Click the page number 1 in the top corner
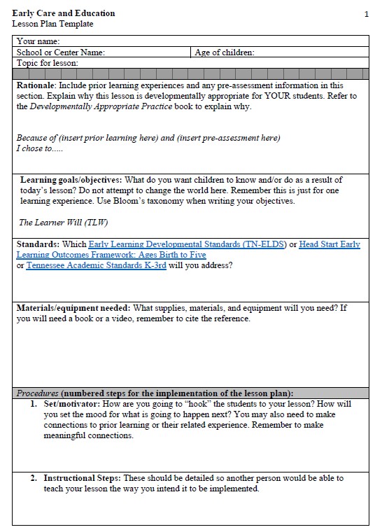pyautogui.click(x=366, y=14)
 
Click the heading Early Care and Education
pyautogui.click(x=64, y=13)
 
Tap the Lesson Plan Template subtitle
pyautogui.click(x=52, y=24)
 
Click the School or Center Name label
pyautogui.click(x=61, y=52)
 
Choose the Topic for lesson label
pyautogui.click(x=47, y=63)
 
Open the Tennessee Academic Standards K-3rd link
pyautogui.click(x=96, y=266)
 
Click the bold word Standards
pyautogui.click(x=38, y=244)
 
